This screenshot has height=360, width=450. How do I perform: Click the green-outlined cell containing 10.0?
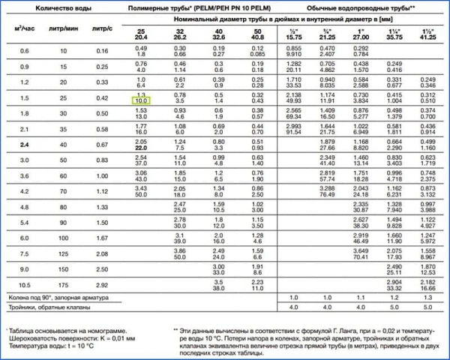pos(141,100)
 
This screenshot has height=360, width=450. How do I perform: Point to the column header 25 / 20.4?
pos(141,33)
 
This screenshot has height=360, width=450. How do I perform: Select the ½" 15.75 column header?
pos(294,33)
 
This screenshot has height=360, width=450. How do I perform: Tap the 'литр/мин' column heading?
pos(62,28)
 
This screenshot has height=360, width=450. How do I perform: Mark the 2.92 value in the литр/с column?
pos(101,285)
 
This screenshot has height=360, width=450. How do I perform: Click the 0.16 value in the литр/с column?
pos(101,50)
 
